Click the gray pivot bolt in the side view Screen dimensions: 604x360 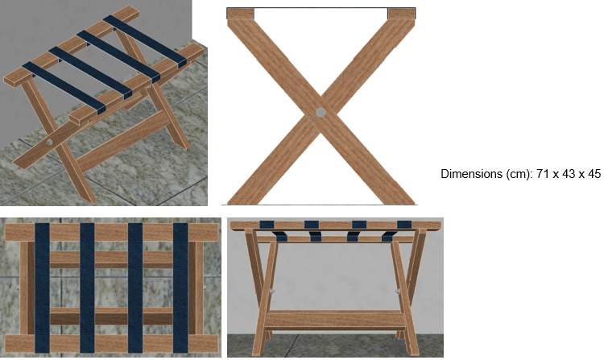coord(321,113)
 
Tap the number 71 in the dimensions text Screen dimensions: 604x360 coord(542,174)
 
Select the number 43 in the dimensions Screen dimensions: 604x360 coord(569,174)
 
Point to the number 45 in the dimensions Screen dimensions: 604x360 coord(594,174)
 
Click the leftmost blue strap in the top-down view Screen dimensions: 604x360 coord(43,288)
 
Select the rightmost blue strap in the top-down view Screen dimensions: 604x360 coord(180,288)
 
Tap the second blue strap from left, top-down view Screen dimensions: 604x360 coord(87,288)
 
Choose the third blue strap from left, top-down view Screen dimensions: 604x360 coord(135,288)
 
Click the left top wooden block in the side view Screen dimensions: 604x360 coord(240,14)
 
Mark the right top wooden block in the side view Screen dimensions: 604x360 coord(401,14)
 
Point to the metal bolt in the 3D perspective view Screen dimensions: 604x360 coord(50,142)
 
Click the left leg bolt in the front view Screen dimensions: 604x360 coord(272,292)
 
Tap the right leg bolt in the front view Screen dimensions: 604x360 coord(398,292)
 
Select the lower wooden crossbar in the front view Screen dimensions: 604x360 coord(335,320)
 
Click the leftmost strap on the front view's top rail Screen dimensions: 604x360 coord(267,225)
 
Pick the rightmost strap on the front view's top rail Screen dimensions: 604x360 coord(404,225)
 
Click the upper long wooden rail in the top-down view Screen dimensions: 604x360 coord(111,232)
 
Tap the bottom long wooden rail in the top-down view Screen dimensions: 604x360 coord(111,344)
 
